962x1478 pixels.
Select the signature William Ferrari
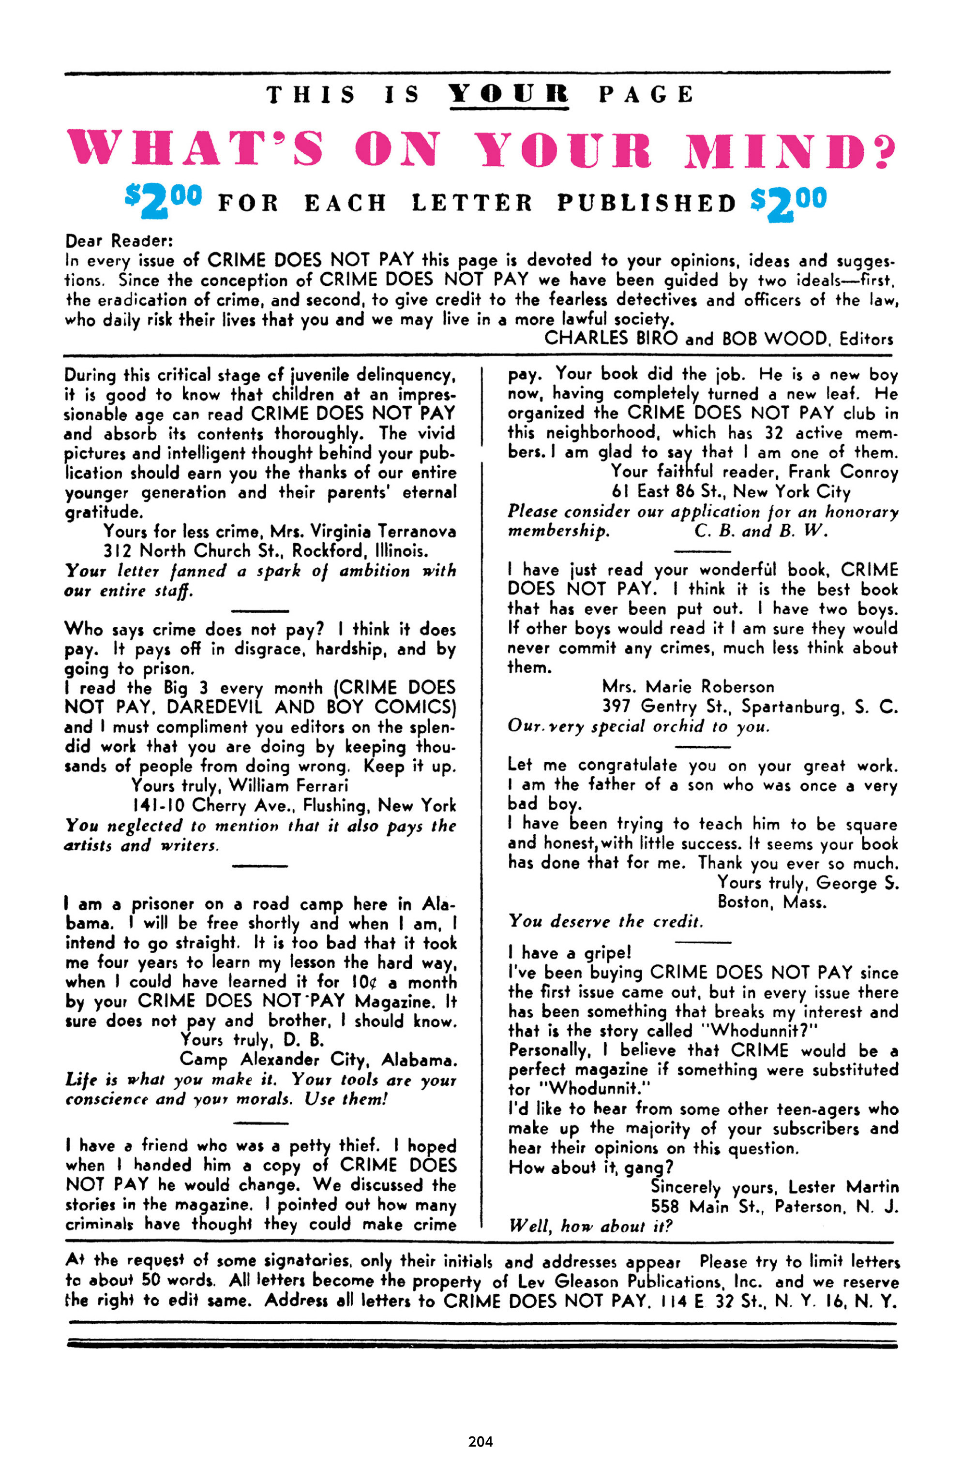288,785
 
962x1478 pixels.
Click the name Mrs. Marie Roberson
688,687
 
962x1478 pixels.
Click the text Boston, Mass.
771,902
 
